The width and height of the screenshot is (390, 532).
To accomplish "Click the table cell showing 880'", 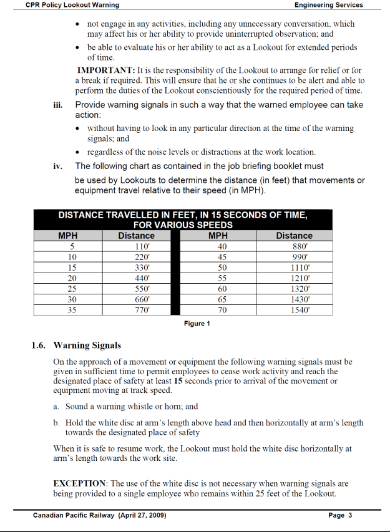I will [x=294, y=246].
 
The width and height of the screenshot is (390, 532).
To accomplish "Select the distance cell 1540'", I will [x=294, y=309].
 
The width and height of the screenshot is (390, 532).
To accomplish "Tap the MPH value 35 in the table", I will [x=72, y=309].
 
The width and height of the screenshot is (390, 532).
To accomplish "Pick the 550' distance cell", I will [x=136, y=288].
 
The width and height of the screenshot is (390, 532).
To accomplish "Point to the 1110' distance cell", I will [x=294, y=267].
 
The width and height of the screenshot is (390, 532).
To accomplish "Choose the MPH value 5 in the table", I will [x=72, y=246].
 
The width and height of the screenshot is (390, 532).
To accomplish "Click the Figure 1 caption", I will [x=197, y=324].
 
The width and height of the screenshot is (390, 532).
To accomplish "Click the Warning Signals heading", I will [x=87, y=345].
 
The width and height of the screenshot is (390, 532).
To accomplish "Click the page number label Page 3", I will [x=340, y=515].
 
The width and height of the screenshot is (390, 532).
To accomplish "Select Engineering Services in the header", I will [x=328, y=5].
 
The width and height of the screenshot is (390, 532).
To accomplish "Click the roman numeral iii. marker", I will [x=58, y=105].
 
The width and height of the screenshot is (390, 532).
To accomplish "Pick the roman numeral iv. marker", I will [x=58, y=167].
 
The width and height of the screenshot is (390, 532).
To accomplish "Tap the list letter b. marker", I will [x=57, y=422].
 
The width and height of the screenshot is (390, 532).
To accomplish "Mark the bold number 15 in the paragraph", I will [x=178, y=380].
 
